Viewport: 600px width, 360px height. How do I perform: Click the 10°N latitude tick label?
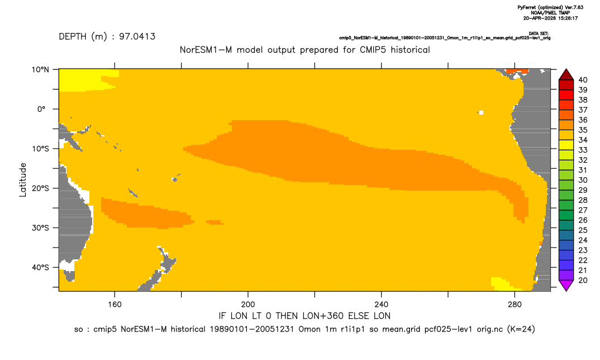point(40,70)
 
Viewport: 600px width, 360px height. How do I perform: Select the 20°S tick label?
point(40,188)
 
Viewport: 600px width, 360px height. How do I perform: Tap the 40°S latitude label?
point(40,267)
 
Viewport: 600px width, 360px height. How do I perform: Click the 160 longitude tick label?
point(115,305)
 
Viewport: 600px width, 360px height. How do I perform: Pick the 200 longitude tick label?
point(248,305)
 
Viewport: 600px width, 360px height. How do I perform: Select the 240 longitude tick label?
point(381,305)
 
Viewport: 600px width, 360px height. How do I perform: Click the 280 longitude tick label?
point(515,305)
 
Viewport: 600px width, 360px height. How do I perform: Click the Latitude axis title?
point(23,180)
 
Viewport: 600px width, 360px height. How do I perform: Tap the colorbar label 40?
point(583,80)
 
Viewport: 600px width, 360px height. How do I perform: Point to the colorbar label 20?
point(583,280)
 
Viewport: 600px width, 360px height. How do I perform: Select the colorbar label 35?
point(583,130)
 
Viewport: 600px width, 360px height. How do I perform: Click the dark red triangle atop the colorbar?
point(566,75)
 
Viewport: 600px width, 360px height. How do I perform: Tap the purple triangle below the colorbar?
point(566,285)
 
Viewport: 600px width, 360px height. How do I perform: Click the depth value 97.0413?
point(137,37)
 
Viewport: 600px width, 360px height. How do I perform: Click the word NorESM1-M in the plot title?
point(206,50)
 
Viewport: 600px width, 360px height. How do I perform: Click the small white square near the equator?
point(481,112)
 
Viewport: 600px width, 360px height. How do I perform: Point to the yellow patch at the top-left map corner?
point(86,80)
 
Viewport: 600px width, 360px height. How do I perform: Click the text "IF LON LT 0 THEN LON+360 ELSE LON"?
point(304,316)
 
